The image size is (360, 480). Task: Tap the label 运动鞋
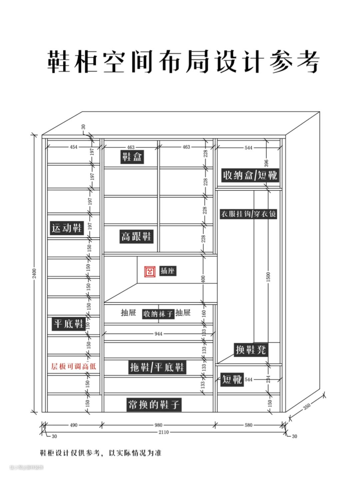pyautogui.click(x=67, y=228)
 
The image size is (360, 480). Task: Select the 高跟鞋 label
pyautogui.click(x=136, y=237)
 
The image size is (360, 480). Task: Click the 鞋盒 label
pyautogui.click(x=132, y=157)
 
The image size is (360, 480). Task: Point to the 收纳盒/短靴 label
pyautogui.click(x=250, y=175)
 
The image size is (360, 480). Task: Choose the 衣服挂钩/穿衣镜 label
pyautogui.click(x=248, y=214)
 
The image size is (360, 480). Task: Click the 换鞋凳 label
pyautogui.click(x=251, y=350)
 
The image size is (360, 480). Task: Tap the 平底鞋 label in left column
pyautogui.click(x=69, y=324)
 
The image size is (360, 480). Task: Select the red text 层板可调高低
pyautogui.click(x=73, y=367)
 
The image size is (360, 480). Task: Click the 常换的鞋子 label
pyautogui.click(x=154, y=405)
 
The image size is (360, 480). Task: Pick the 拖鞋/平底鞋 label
pyautogui.click(x=157, y=367)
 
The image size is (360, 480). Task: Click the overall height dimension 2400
pyautogui.click(x=34, y=273)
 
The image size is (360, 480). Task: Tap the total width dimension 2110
pyautogui.click(x=163, y=432)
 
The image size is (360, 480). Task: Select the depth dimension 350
pyautogui.click(x=307, y=407)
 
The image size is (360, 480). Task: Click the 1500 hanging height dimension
pyautogui.click(x=268, y=277)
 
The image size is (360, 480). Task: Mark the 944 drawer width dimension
pyautogui.click(x=158, y=334)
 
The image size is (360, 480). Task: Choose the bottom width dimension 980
pyautogui.click(x=158, y=425)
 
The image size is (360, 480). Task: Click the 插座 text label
pyautogui.click(x=167, y=271)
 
